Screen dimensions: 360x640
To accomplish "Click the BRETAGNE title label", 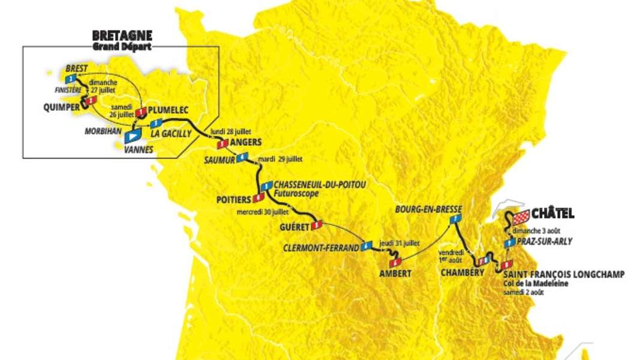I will (x=122, y=35).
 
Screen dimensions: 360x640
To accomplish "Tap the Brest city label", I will (x=77, y=69).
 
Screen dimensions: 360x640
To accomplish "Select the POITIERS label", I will (x=234, y=199).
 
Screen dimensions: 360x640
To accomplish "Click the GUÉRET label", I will (x=294, y=227).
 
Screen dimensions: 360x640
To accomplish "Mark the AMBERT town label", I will (x=394, y=273).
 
